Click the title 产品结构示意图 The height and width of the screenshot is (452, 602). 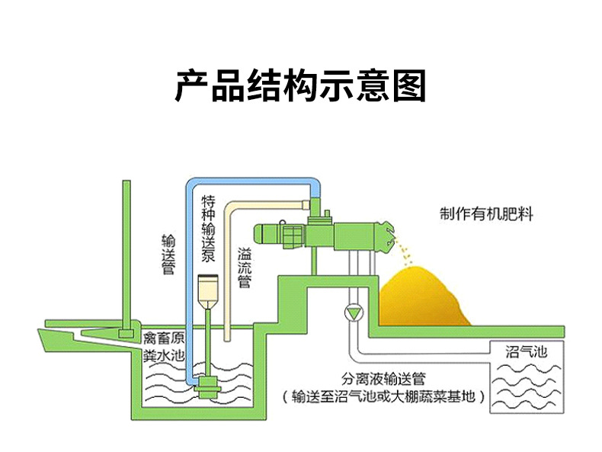tap(300, 86)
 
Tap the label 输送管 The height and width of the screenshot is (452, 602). tap(168, 255)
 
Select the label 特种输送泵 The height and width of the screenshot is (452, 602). tap(209, 229)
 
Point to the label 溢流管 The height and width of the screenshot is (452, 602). tap(245, 268)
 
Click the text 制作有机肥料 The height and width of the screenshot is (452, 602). tap(486, 214)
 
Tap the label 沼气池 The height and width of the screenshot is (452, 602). tap(527, 352)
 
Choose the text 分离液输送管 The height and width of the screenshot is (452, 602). tap(383, 379)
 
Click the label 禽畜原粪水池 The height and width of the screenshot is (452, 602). tap(164, 347)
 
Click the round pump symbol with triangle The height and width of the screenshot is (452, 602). tap(354, 313)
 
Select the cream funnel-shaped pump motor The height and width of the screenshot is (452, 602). tap(207, 293)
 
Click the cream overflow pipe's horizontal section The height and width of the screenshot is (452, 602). tap(268, 205)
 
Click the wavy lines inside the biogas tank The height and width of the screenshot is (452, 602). tap(526, 386)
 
